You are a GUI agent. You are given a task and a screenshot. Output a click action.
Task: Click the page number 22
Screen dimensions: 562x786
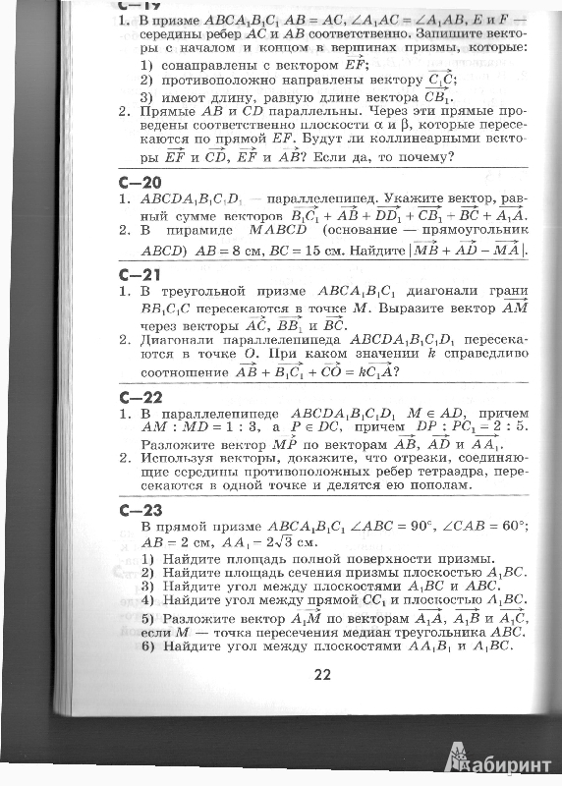coord(323,674)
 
